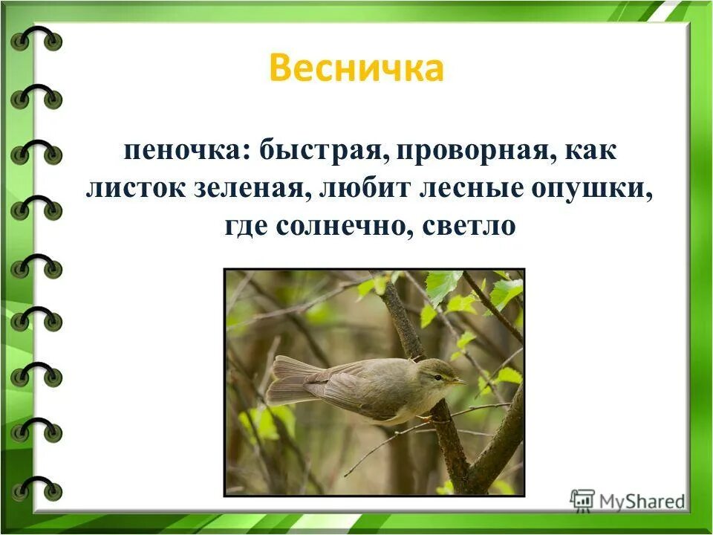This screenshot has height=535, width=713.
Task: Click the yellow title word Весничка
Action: pyautogui.click(x=356, y=68)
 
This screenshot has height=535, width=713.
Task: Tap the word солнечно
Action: pyautogui.click(x=340, y=224)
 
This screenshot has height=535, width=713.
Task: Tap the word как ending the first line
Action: pyautogui.click(x=591, y=153)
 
